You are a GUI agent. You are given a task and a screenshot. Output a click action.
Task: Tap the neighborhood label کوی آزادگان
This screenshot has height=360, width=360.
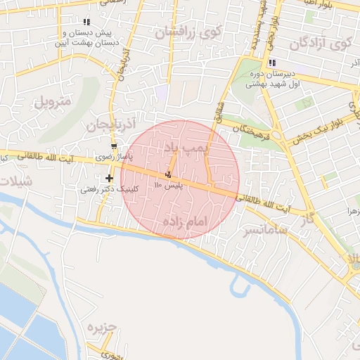click(318, 43)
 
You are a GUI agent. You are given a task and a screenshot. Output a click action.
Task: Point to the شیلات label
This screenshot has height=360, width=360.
click(15, 181)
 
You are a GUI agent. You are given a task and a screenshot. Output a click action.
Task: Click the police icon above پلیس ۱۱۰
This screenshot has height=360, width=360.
click(168, 174)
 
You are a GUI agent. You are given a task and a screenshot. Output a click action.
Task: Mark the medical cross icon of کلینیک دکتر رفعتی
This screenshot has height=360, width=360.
click(109, 178)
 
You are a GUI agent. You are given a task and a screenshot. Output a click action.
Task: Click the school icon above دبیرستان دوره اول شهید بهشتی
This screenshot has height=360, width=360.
click(272, 63)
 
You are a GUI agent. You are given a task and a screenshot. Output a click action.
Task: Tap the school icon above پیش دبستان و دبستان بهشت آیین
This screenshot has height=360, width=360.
click(87, 22)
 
